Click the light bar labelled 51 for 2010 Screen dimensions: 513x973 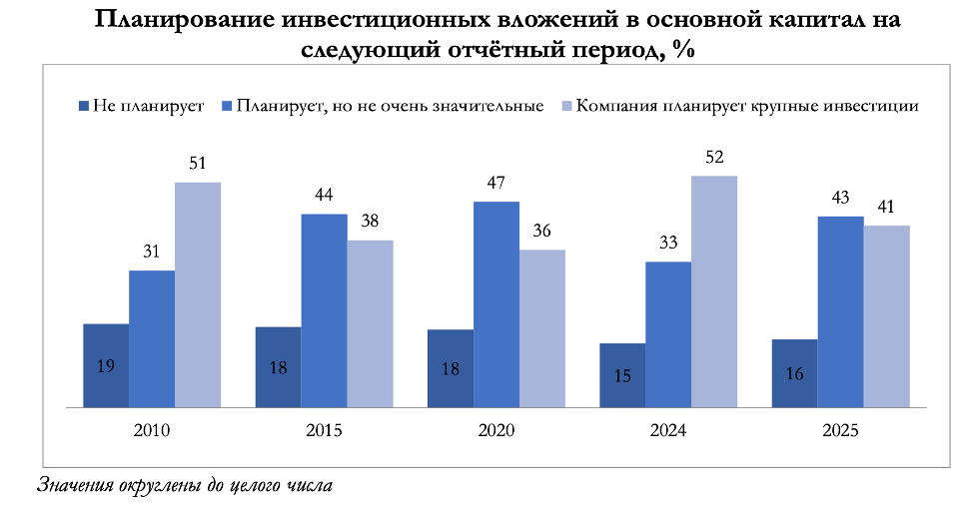tap(197, 294)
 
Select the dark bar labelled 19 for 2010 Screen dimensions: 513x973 tap(106, 365)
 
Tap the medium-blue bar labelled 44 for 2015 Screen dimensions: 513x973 tap(324, 310)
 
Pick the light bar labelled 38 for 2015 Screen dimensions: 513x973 tap(370, 323)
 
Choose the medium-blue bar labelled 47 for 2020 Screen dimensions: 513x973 tap(496, 304)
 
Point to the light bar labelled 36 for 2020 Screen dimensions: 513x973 tap(542, 328)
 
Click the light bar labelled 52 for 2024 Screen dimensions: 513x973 tap(714, 291)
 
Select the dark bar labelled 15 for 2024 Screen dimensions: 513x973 tap(622, 375)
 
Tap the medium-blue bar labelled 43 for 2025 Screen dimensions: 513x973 tap(840, 311)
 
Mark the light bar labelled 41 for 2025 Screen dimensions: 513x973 tap(886, 316)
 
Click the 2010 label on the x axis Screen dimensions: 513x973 tap(152, 431)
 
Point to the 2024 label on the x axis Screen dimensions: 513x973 tap(668, 431)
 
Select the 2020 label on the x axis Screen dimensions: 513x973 tap(496, 431)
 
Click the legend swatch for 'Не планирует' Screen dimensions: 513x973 tap(82, 105)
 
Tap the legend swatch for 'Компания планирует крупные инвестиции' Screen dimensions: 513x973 tap(565, 105)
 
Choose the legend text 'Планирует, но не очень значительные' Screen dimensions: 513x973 tap(390, 105)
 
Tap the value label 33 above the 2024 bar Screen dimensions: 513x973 tap(668, 243)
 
